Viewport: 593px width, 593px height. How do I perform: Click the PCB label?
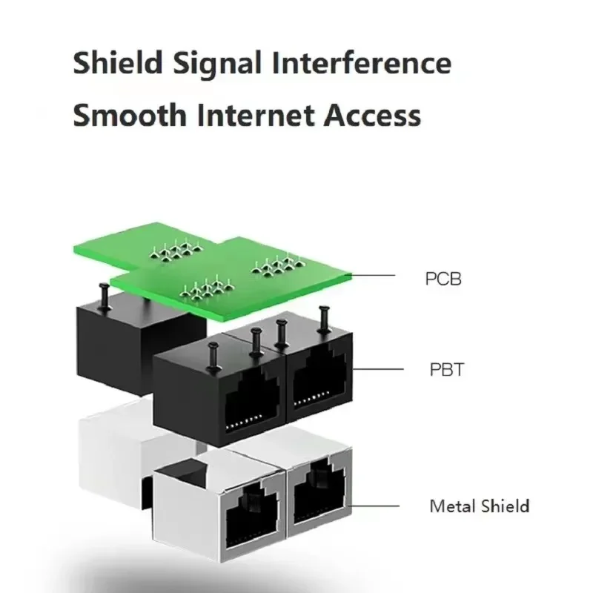(x=443, y=279)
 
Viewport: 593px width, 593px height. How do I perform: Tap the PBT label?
(x=444, y=369)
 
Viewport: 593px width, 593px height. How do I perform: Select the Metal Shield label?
(x=479, y=507)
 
